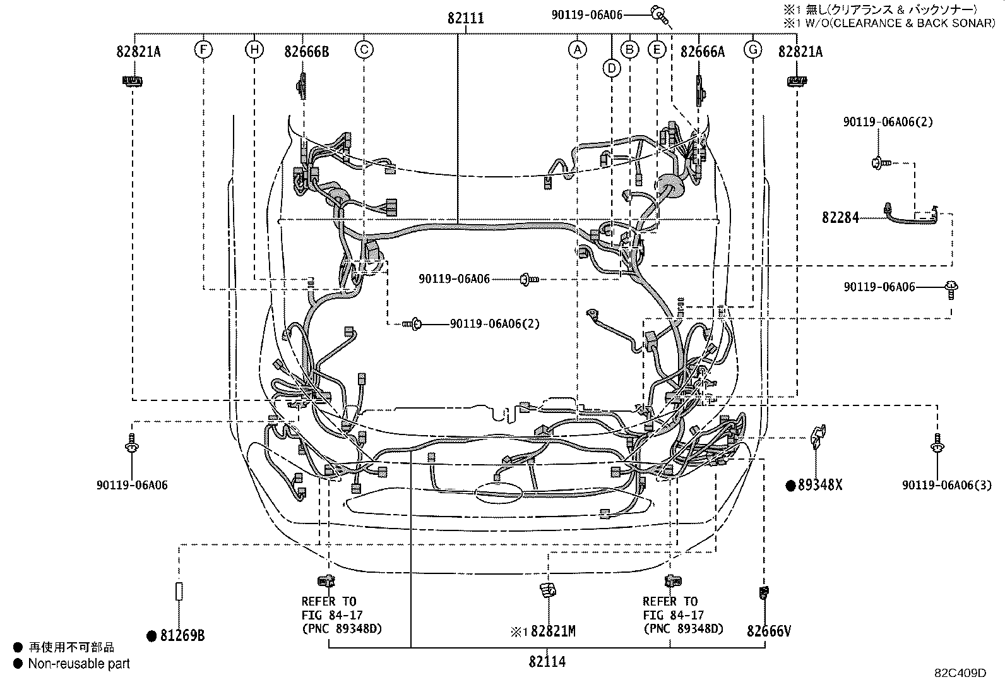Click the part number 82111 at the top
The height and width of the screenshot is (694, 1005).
tap(466, 18)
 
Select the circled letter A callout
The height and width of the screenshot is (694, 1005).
tap(578, 49)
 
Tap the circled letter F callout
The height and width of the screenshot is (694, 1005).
tap(203, 49)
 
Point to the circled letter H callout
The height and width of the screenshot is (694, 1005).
tap(254, 49)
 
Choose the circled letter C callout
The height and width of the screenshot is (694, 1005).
tap(364, 49)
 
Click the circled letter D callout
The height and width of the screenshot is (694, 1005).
tap(612, 69)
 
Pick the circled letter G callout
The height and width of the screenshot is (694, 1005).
tap(753, 49)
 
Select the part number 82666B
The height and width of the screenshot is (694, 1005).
tap(306, 52)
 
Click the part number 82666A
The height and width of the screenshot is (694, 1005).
tap(702, 52)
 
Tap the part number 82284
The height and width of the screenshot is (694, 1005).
tap(840, 218)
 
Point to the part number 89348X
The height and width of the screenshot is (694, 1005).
tap(819, 485)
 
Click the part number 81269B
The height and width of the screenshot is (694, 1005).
tap(182, 636)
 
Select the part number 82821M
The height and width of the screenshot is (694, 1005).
tap(553, 631)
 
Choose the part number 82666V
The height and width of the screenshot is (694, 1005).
tap(768, 631)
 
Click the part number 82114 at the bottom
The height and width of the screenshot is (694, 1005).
tap(547, 662)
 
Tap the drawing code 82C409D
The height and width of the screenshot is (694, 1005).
tap(960, 673)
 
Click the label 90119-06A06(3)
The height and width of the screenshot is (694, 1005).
tap(947, 485)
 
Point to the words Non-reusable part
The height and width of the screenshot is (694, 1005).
tap(79, 664)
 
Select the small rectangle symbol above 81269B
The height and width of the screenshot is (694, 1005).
tap(179, 591)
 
